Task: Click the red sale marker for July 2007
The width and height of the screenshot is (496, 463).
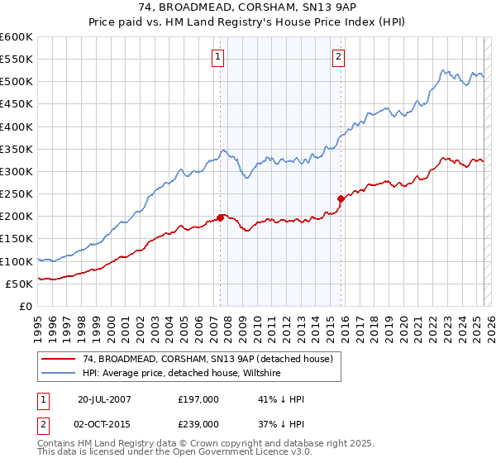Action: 221,217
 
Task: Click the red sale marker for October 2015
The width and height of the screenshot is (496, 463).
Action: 341,198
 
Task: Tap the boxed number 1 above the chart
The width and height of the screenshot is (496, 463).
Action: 217,57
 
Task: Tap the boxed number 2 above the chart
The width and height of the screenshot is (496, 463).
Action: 339,57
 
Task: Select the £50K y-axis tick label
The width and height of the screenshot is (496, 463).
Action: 19,284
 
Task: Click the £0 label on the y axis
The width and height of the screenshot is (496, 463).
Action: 25,306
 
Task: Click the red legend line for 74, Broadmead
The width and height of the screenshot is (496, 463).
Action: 60,359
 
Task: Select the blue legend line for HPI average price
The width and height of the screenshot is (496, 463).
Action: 60,374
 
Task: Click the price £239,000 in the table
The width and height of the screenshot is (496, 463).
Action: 198,424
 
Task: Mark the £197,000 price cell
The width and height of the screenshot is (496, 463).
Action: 198,399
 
